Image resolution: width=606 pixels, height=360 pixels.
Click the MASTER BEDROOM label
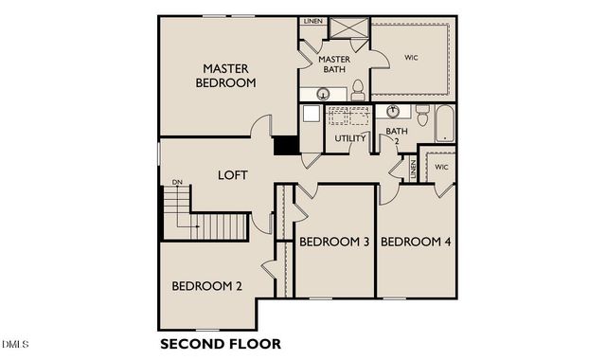tap(225, 76)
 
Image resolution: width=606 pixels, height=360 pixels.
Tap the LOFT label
tap(233, 175)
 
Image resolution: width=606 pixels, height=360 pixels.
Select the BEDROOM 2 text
tap(207, 286)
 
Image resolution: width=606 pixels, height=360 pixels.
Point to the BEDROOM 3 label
tap(334, 243)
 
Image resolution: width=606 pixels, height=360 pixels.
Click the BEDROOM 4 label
tap(416, 243)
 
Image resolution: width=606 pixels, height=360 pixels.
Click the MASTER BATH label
tap(333, 64)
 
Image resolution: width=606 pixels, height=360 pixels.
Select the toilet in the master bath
tap(358, 91)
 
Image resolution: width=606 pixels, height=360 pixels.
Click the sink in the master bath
tap(323, 94)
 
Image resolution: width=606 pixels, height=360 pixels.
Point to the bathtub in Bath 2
tap(444, 123)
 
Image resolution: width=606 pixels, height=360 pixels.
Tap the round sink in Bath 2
tap(393, 112)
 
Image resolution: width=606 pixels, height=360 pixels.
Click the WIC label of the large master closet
tap(411, 58)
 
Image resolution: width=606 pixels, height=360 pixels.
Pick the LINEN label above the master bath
tap(311, 21)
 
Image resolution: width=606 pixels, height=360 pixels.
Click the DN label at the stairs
tap(177, 183)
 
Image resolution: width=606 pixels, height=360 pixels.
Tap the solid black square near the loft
tap(285, 145)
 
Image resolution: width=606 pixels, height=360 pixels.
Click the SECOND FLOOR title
tap(220, 343)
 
